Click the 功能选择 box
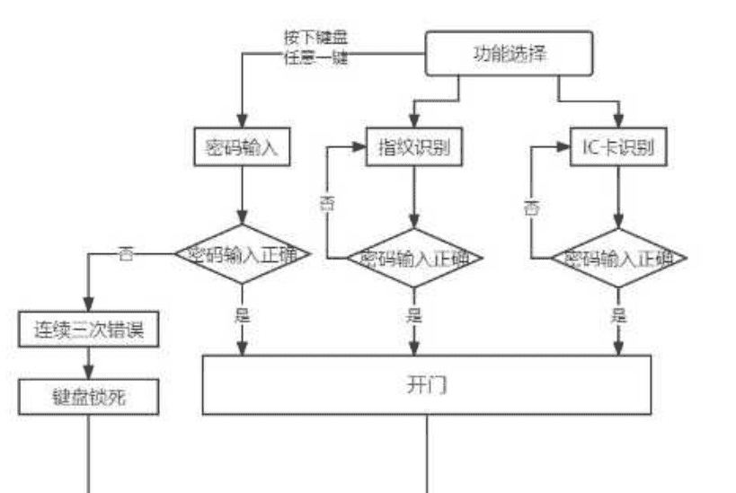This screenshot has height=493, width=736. point(509,53)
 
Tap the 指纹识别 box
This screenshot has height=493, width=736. point(413,148)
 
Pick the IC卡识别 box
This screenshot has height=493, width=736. point(619,148)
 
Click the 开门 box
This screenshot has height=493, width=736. point(426,385)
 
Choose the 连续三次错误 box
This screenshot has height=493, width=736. point(89,330)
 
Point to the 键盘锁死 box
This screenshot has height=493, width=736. point(89,396)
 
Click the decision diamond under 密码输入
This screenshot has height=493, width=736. point(242,254)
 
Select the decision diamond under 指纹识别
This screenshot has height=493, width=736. point(413,259)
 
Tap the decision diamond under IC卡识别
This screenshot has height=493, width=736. point(619,259)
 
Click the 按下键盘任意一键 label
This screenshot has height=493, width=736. point(315,48)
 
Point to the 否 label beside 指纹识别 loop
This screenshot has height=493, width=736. point(326,203)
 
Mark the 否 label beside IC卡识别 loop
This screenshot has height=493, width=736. point(532,208)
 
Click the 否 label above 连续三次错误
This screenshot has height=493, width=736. point(126,254)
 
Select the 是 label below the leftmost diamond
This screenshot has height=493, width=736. point(242,315)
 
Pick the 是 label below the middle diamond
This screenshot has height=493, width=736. point(413,315)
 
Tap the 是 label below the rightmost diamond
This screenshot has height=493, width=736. point(619,315)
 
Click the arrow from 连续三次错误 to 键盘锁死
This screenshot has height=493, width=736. point(89,363)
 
